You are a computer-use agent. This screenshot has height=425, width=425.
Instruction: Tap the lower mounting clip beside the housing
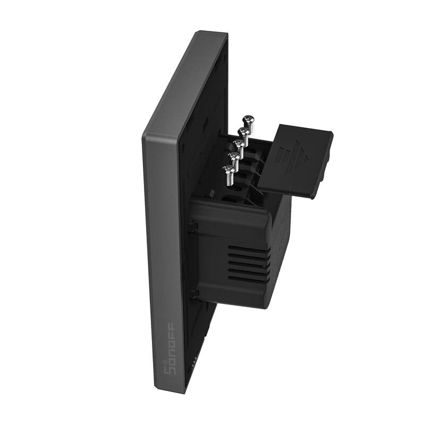[195, 293]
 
